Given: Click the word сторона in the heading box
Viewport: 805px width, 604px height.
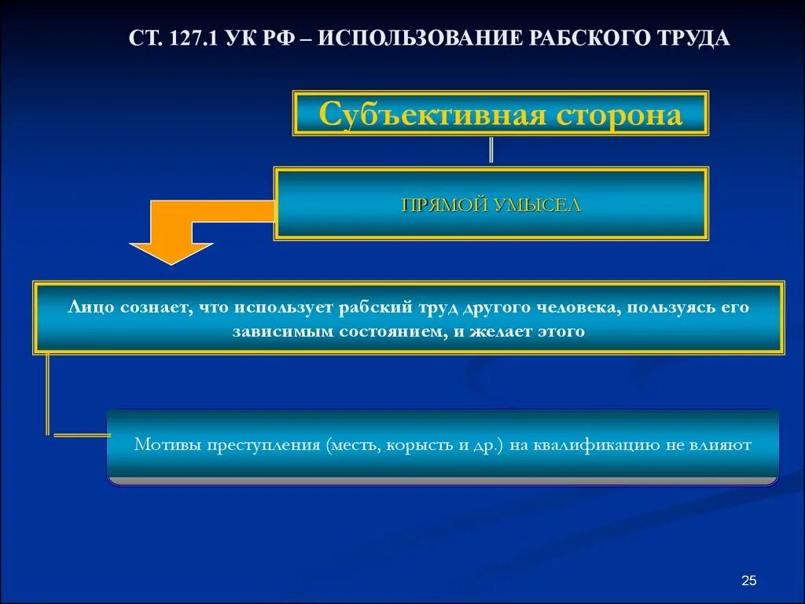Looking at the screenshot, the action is [x=619, y=116].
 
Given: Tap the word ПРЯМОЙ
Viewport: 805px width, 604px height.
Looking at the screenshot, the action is [x=444, y=205].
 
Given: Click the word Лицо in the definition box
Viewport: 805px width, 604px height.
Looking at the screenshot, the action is [x=94, y=307].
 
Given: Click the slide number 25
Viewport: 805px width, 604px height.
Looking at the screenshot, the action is [x=748, y=580].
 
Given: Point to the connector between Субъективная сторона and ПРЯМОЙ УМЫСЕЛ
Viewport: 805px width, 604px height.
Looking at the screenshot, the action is [x=491, y=150].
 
